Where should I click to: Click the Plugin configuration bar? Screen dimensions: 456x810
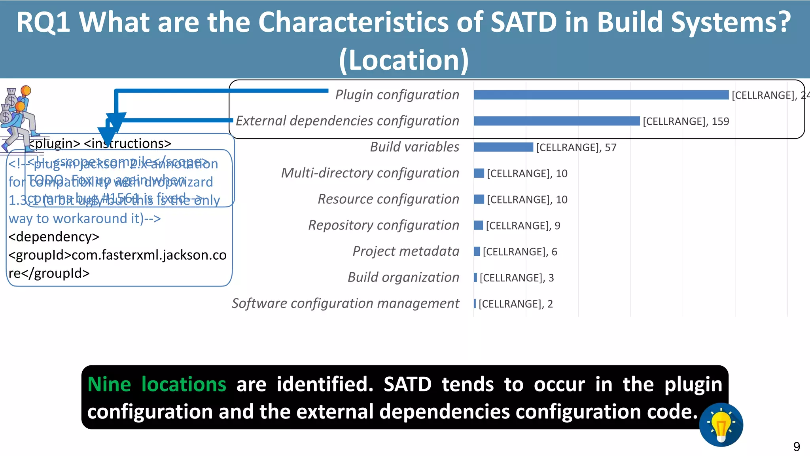[x=601, y=95]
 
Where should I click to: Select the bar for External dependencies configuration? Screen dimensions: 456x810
[x=556, y=121]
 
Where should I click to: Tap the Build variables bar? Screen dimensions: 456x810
[x=503, y=147]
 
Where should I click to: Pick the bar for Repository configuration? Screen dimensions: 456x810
[x=479, y=225]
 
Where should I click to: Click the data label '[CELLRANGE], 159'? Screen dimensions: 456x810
[x=686, y=122]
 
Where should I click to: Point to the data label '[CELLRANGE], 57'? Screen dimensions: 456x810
[x=576, y=148]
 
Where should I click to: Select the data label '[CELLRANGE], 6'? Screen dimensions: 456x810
[x=520, y=252]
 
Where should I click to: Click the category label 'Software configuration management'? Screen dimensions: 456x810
[x=345, y=304]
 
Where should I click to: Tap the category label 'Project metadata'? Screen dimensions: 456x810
[x=406, y=251]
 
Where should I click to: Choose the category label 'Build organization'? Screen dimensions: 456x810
[x=403, y=277]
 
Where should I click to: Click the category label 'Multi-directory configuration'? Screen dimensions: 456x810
[x=370, y=173]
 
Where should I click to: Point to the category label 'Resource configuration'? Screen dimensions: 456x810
[x=388, y=199]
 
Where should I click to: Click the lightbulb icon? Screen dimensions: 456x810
[x=721, y=425]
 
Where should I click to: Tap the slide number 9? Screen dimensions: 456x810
[x=796, y=447]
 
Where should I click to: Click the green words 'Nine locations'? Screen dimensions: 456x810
[x=157, y=384]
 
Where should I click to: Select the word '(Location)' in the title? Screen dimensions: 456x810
[x=404, y=60]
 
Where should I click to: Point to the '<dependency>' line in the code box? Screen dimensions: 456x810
[x=54, y=237]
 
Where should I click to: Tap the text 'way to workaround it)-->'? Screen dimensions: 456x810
[x=85, y=218]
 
